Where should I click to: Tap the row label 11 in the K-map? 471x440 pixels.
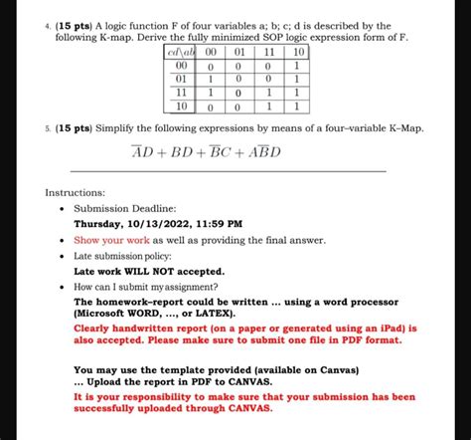179,88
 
